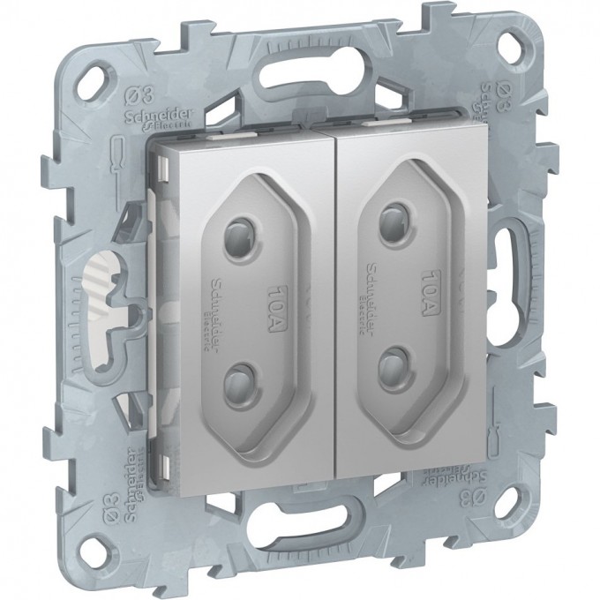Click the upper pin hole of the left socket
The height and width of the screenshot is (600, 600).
click(237, 218)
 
